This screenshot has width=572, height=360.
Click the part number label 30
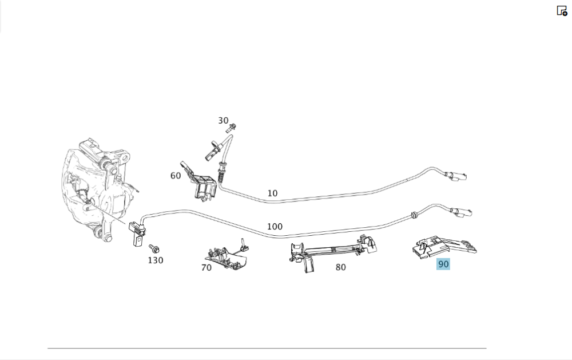click(223, 121)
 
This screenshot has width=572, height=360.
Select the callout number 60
click(176, 176)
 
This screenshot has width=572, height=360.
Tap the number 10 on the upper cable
click(272, 193)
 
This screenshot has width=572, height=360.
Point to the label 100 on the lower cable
click(275, 227)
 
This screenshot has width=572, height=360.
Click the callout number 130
click(155, 260)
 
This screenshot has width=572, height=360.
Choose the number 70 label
click(206, 267)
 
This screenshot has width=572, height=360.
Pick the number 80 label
click(340, 267)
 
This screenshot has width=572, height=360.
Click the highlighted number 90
click(443, 264)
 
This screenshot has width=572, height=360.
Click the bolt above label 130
click(154, 248)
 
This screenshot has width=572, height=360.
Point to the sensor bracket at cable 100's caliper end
click(136, 234)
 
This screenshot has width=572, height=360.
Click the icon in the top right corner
click(562, 11)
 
